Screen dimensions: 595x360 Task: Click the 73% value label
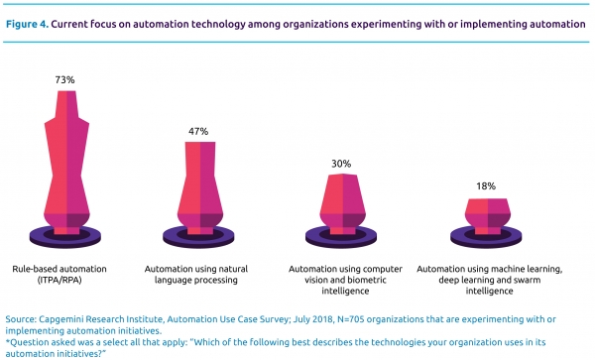64,79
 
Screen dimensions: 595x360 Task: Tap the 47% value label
198,131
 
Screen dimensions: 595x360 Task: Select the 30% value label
341,164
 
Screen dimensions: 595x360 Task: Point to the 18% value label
486,185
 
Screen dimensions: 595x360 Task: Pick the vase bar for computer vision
343,203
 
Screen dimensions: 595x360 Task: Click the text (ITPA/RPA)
59,280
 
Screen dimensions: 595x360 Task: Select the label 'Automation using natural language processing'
195,275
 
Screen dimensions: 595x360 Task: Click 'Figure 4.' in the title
27,24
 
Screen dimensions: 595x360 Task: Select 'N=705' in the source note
350,319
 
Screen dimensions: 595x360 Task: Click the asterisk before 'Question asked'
8,341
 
